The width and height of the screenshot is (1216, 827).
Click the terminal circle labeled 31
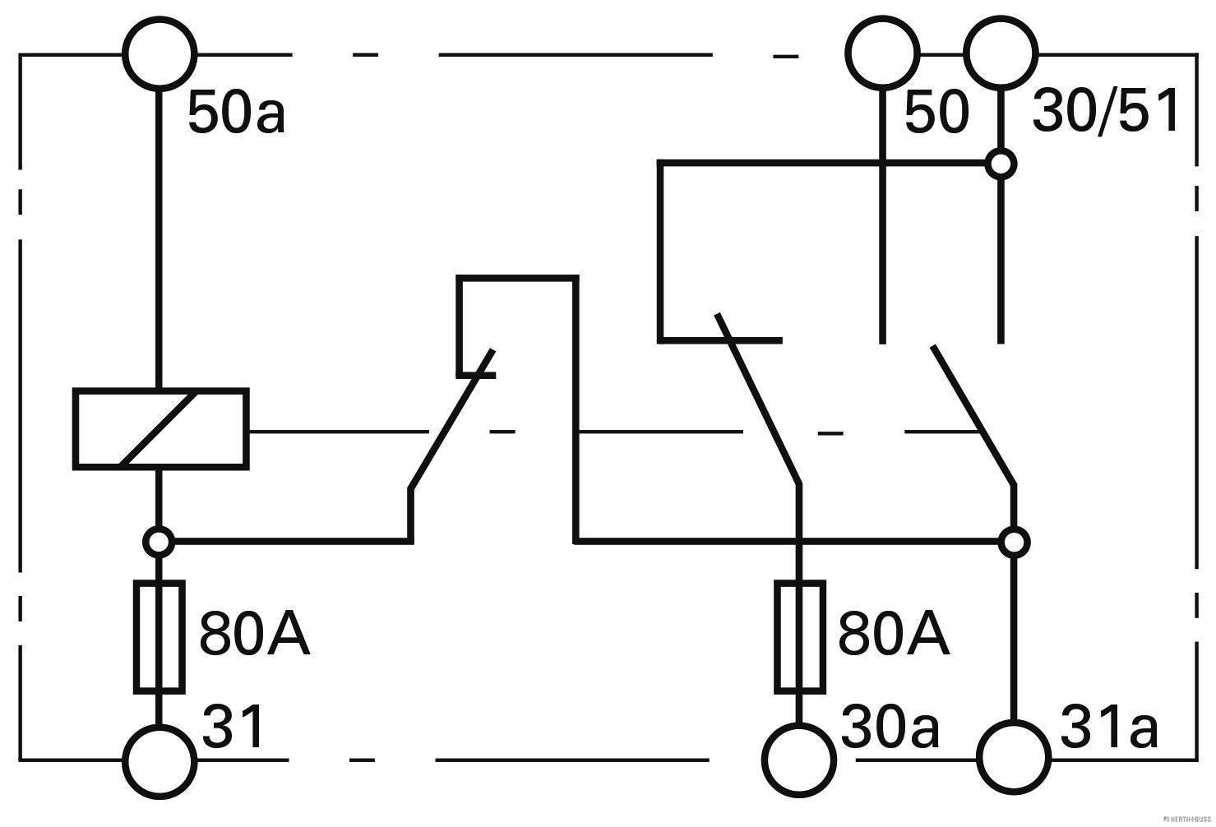[x=160, y=761]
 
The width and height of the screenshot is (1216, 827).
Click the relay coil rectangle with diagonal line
[x=161, y=429]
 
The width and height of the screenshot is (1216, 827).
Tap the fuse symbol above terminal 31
[x=160, y=637]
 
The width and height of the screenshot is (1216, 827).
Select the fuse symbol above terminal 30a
[x=798, y=637]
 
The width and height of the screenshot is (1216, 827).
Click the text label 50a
[x=237, y=113]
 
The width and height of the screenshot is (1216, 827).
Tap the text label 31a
[x=1109, y=728]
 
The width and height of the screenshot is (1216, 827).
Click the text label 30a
[x=890, y=728]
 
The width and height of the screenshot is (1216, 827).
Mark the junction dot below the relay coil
[x=159, y=542]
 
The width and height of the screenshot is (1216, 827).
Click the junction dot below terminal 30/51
[x=1001, y=164]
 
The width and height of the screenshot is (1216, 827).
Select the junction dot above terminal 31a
[x=1014, y=542]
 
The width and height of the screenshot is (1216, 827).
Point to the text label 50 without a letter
[x=936, y=113]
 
